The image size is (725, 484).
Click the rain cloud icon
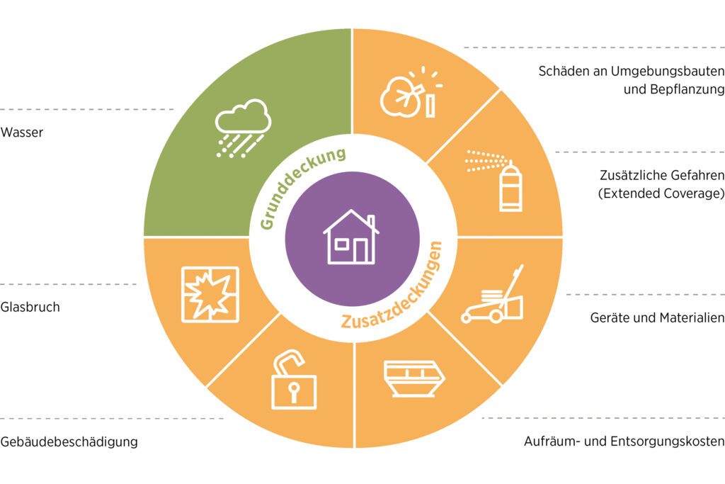click(x=243, y=128)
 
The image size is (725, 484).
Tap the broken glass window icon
click(x=210, y=294)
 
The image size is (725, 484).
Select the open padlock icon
click(x=294, y=380)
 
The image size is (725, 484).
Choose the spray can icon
click(x=493, y=180)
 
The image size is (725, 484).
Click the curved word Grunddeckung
click(x=300, y=185)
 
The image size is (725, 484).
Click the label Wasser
click(x=22, y=133)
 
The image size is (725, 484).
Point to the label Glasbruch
click(x=30, y=307)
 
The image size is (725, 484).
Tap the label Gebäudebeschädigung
click(x=69, y=441)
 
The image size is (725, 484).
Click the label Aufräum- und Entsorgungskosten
click(x=624, y=441)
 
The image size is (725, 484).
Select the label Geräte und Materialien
click(x=658, y=317)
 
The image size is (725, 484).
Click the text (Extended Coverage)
click(x=661, y=193)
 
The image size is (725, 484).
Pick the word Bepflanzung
click(x=687, y=89)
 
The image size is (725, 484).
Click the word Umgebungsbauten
click(x=668, y=72)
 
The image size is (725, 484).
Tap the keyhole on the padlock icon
click(x=294, y=390)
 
